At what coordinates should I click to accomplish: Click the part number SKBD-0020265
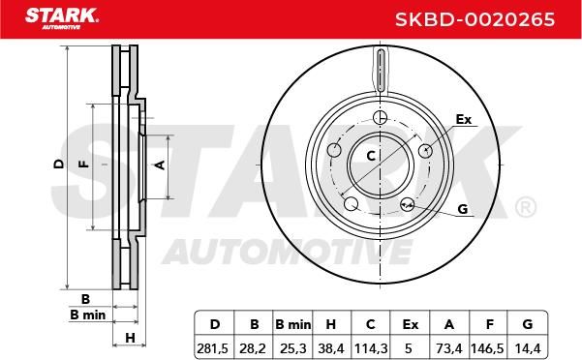tap(475, 19)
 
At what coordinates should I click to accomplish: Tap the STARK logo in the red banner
tap(62, 18)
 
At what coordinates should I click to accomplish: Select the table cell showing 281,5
tap(212, 348)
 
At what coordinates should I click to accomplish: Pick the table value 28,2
tap(253, 348)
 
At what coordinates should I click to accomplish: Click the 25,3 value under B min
tap(293, 348)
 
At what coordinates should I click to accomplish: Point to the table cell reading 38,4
tap(331, 348)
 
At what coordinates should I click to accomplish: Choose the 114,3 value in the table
tap(371, 348)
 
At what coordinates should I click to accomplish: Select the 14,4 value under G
tap(527, 348)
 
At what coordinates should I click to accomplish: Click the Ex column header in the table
tap(411, 325)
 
